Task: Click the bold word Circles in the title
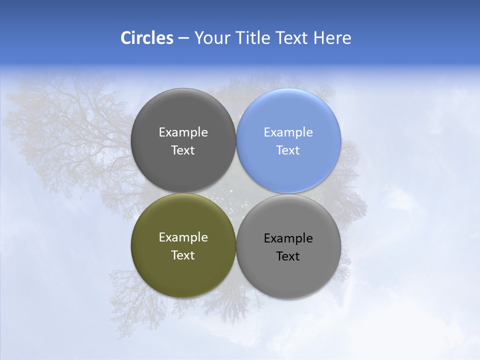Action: click(x=147, y=38)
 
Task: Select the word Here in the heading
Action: click(x=332, y=38)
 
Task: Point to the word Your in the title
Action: click(x=212, y=38)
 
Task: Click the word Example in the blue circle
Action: click(x=288, y=132)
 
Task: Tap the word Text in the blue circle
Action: click(x=288, y=150)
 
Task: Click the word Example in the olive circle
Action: click(x=183, y=237)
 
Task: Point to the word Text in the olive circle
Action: click(x=183, y=255)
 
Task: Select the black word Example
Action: click(x=288, y=238)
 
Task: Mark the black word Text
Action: click(x=288, y=256)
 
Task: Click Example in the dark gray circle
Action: click(x=183, y=132)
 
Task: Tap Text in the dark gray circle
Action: click(x=183, y=150)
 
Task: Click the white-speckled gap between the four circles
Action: click(x=235, y=195)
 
